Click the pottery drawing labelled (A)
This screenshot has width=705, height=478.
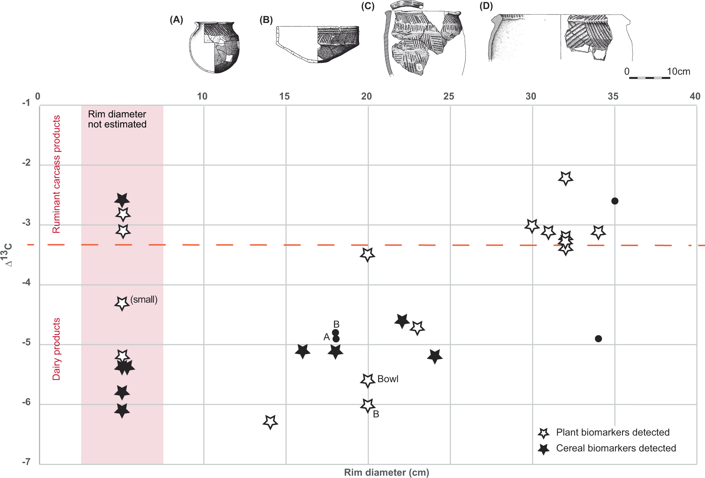[x=214, y=47]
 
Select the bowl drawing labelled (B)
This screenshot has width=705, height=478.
[x=317, y=44]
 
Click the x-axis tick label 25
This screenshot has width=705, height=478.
[x=448, y=96]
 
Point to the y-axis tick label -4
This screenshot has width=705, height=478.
[x=26, y=282]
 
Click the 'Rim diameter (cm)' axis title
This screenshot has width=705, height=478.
[x=386, y=472]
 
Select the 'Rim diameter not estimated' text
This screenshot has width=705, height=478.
[x=117, y=119]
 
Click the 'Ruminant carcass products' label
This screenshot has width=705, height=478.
[x=56, y=174]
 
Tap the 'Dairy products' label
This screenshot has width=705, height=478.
[x=56, y=349]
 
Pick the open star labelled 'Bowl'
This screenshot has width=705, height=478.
[x=368, y=380]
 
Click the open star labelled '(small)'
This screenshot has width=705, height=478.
[x=122, y=303]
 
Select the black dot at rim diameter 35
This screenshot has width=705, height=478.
[x=615, y=201]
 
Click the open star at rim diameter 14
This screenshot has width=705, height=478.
[x=270, y=421]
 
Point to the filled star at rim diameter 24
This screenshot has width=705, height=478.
[x=435, y=356]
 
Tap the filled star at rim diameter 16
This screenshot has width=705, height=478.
[x=303, y=351]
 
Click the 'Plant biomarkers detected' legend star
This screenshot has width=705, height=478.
[x=543, y=433]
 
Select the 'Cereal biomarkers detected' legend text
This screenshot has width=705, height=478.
[x=616, y=448]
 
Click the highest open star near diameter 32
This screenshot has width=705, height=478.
[x=566, y=178]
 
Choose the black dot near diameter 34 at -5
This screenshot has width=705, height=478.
[x=598, y=339]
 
